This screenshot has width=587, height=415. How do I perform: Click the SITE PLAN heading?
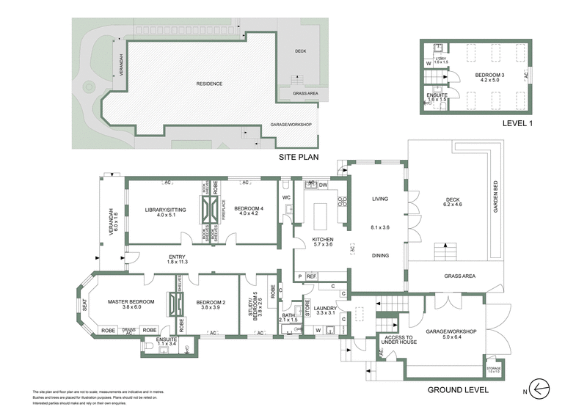click(302, 158)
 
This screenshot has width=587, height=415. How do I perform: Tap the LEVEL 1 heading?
click(517, 123)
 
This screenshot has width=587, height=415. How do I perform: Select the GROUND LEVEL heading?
click(457, 389)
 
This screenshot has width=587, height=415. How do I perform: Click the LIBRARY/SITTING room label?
click(165, 210)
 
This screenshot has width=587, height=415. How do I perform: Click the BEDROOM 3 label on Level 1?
click(489, 76)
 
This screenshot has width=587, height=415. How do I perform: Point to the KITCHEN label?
click(323, 240)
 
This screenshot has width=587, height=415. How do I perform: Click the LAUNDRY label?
click(324, 309)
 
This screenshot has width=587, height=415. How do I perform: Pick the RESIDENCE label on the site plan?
click(209, 84)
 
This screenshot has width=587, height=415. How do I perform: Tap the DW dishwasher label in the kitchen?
click(323, 186)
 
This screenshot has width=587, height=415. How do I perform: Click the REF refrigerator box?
click(311, 276)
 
